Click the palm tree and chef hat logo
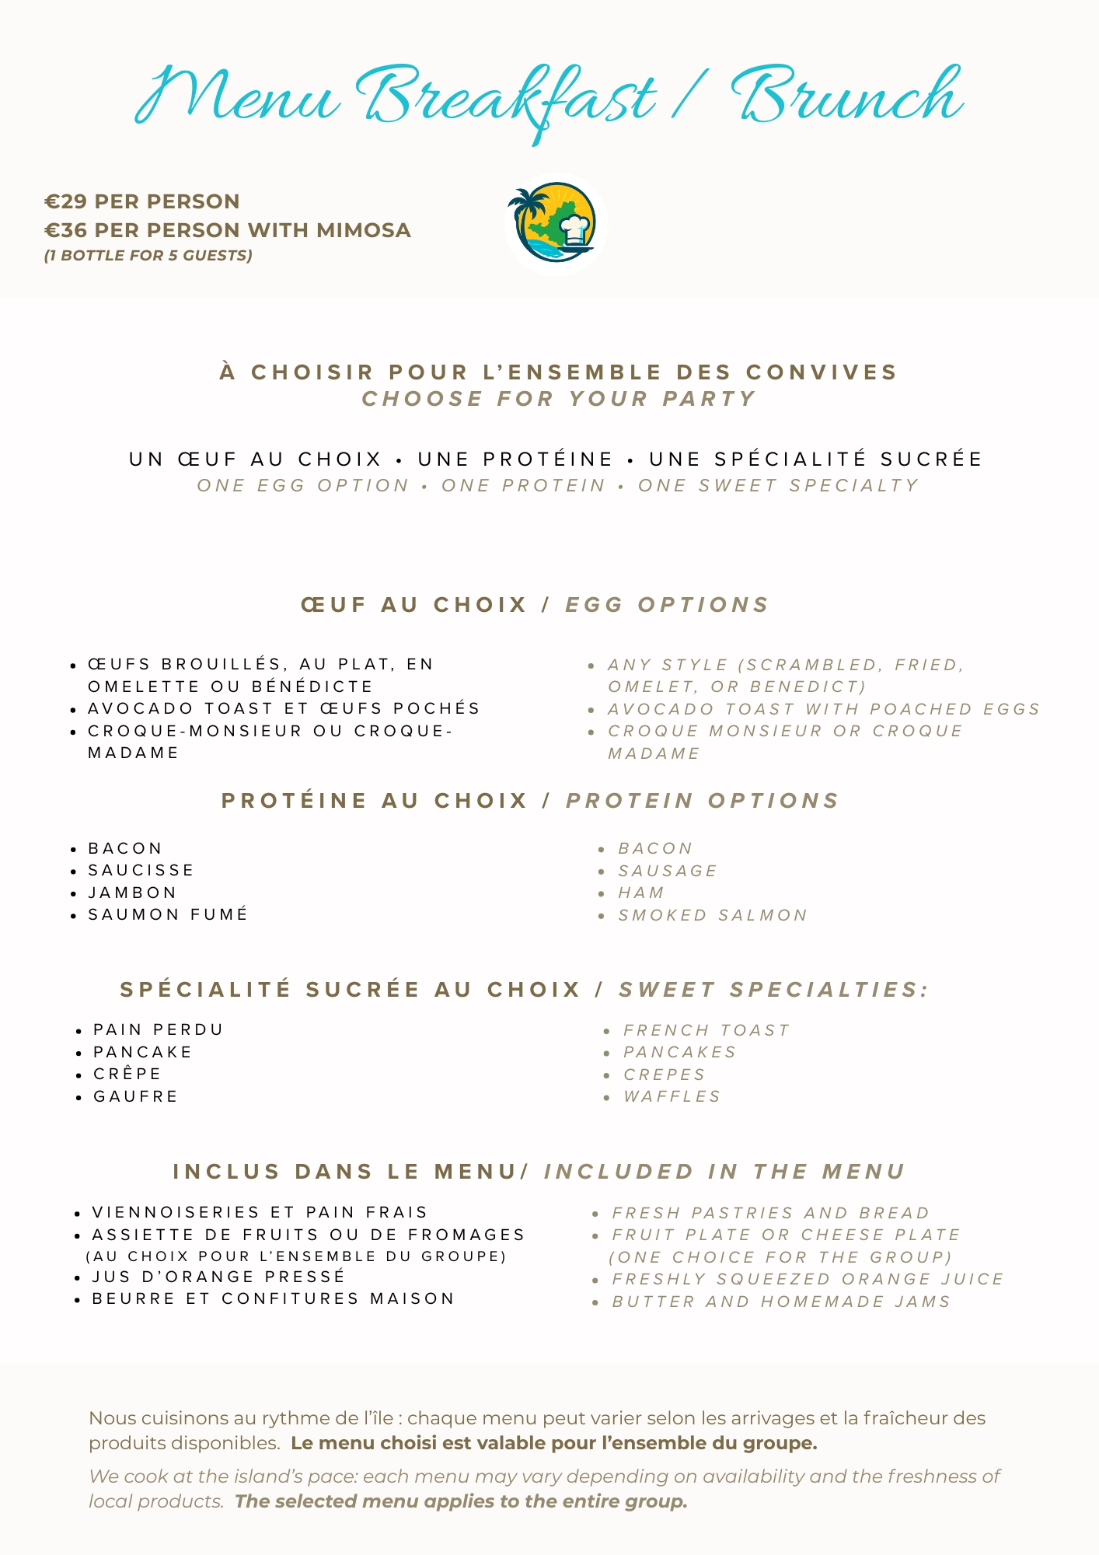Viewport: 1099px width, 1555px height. click(x=555, y=224)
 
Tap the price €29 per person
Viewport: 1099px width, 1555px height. click(x=142, y=201)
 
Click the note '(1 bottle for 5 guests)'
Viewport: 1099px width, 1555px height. click(x=148, y=255)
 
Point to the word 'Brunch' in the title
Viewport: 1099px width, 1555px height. click(x=847, y=97)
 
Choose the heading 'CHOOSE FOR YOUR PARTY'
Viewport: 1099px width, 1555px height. click(x=559, y=399)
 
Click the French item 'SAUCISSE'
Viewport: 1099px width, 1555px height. click(x=141, y=870)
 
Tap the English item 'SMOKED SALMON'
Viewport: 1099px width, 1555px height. click(x=713, y=915)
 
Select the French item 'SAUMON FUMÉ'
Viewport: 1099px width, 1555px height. click(x=168, y=914)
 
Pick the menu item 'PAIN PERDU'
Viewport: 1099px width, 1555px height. click(x=159, y=1029)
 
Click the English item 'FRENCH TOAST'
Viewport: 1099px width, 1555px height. click(x=706, y=1030)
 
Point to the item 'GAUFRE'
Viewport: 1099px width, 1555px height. click(x=136, y=1096)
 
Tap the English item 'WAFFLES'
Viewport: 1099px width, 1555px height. click(x=672, y=1096)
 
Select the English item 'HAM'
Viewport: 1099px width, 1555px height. click(x=641, y=893)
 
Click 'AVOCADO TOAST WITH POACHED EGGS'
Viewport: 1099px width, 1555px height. click(x=824, y=709)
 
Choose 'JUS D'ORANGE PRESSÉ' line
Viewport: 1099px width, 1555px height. click(x=218, y=1277)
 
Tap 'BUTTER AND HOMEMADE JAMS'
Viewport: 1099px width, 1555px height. click(x=781, y=1302)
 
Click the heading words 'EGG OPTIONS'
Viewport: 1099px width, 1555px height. click(x=667, y=605)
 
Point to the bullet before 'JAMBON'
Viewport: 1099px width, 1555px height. click(x=73, y=893)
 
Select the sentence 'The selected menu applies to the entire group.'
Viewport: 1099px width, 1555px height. click(x=461, y=1501)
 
